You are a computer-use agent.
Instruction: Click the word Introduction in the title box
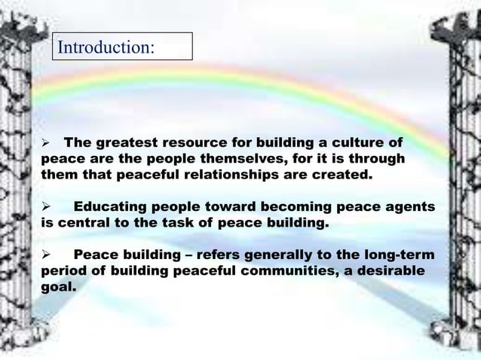105,47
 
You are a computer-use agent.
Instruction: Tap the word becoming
279,206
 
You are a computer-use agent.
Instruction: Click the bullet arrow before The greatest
44,142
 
